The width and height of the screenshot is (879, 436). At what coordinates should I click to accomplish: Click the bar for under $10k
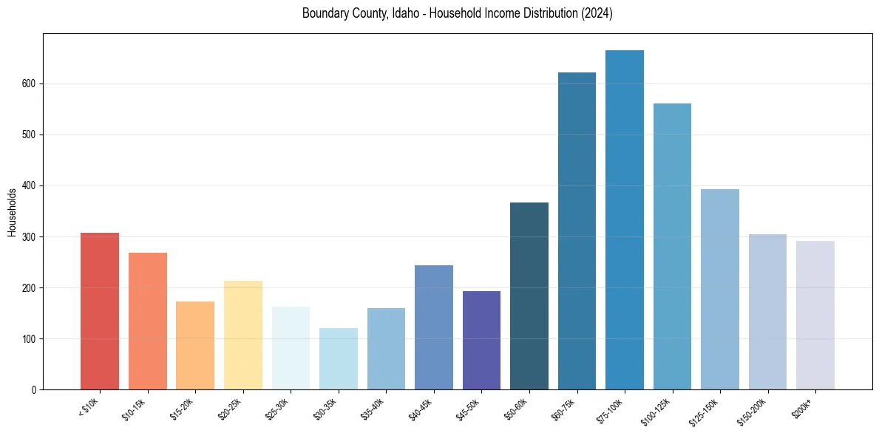click(x=100, y=311)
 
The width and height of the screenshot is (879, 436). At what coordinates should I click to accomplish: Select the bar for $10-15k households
click(x=148, y=321)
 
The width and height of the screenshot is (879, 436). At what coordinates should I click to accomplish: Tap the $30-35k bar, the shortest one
click(x=339, y=359)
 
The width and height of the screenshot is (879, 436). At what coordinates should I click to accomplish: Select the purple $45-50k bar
click(x=481, y=340)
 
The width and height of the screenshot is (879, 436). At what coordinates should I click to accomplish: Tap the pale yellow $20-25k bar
click(x=243, y=335)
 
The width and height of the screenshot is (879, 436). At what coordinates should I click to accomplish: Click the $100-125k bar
click(x=672, y=247)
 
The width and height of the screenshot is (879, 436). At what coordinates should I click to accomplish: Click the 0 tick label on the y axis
click(x=35, y=390)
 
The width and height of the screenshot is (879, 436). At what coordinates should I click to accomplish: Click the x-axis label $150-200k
click(x=756, y=411)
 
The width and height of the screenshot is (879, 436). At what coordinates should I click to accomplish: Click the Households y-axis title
click(x=13, y=212)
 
